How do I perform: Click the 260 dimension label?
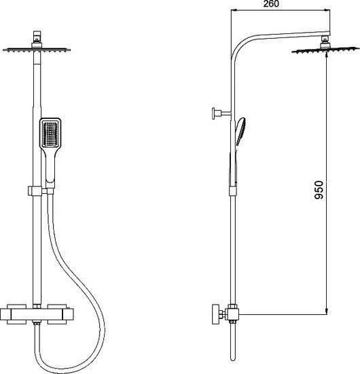[271, 4]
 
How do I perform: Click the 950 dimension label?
[319, 190]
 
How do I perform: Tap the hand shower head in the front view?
[50, 133]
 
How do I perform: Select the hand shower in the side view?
[240, 132]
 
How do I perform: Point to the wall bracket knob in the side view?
[214, 114]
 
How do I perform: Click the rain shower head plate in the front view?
[37, 50]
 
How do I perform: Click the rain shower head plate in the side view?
[325, 50]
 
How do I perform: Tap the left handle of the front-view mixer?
[5, 314]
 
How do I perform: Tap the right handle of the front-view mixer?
[68, 314]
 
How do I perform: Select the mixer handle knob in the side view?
[216, 314]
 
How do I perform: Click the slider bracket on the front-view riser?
[35, 191]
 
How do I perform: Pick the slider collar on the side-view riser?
[233, 191]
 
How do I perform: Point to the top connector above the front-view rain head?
[37, 37]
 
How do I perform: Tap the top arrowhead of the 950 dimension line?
[327, 55]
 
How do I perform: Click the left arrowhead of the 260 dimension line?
[234, 10]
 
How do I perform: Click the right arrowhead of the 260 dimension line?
[327, 10]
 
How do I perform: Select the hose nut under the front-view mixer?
[37, 323]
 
